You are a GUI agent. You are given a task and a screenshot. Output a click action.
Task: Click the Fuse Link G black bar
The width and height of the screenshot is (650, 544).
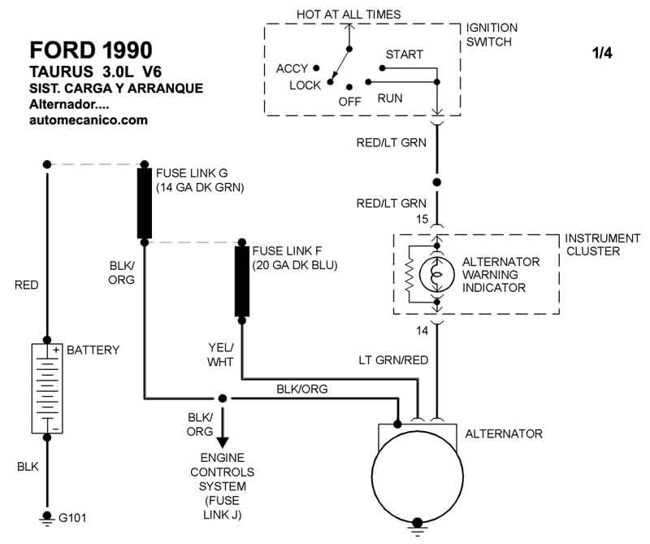coord(145,203)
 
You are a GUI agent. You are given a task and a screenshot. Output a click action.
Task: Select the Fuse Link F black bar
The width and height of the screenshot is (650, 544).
coord(242,281)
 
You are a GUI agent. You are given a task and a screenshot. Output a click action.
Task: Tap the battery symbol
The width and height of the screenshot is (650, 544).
coord(47,389)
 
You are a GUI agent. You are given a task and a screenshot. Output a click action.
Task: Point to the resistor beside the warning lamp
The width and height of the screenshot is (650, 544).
coord(410,275)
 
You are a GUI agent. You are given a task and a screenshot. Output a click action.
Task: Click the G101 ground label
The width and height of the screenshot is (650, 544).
coord(72,518)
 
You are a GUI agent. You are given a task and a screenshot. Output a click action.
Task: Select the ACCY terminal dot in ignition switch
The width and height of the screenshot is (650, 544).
coord(316,68)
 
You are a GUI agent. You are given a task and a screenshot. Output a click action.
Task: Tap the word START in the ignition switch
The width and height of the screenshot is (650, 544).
coord(404,54)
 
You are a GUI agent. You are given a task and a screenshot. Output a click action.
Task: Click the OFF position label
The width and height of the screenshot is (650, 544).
coord(350,102)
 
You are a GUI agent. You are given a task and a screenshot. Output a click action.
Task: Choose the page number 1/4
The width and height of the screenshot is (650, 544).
coord(602,53)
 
